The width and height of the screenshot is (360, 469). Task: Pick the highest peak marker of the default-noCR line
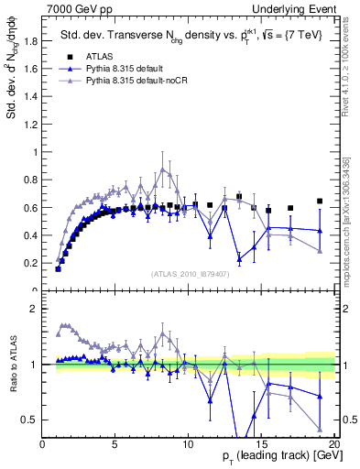pyautogui.click(x=162, y=169)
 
